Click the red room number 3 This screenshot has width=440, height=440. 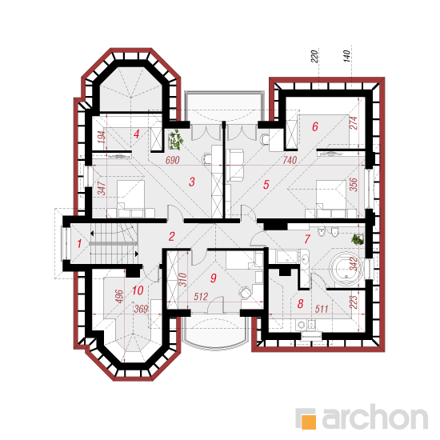tap(192, 182)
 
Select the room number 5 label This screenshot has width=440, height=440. tap(266, 184)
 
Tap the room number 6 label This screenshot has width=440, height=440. tap(315, 126)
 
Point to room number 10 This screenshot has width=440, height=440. tap(138, 290)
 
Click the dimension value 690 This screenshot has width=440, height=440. tap(172, 160)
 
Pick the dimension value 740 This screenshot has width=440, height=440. tap(290, 160)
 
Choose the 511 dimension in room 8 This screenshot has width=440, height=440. tap(322, 309)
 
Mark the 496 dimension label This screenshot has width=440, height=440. tap(119, 296)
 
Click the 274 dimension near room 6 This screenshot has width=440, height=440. tap(354, 122)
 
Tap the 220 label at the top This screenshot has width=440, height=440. tap(314, 56)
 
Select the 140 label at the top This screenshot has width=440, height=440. tap(347, 56)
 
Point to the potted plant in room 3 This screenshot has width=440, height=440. tap(176, 139)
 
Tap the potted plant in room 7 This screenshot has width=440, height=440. tap(358, 240)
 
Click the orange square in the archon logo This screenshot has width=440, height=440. tap(309, 422)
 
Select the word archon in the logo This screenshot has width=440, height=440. tap(375, 418)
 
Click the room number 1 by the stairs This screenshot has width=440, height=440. tap(79, 243)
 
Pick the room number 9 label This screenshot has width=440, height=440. tap(214, 278)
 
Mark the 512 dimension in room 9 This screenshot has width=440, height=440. tap(201, 296)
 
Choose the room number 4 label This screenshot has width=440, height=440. tap(136, 134)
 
